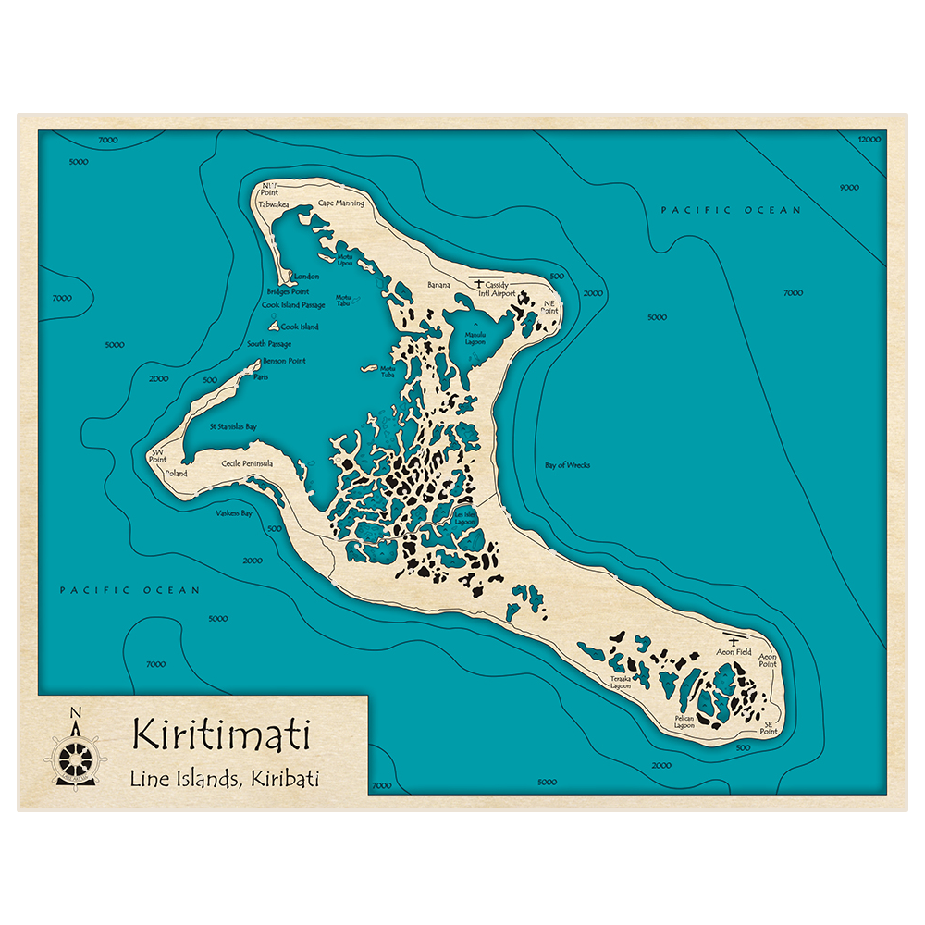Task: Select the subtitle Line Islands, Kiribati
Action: [225, 779]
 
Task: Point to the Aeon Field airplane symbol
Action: [734, 641]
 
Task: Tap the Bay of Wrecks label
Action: [568, 465]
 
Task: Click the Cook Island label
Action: [300, 327]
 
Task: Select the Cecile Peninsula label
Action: [247, 463]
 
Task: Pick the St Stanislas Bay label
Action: [233, 427]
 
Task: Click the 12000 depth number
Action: [869, 139]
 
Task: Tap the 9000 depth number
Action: [849, 188]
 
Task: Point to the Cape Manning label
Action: [341, 203]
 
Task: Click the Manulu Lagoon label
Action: [475, 339]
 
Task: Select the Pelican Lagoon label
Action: [684, 722]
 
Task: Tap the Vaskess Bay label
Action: [234, 512]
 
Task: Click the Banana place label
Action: [438, 285]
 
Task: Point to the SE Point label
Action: [768, 728]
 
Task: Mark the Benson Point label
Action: [284, 361]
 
